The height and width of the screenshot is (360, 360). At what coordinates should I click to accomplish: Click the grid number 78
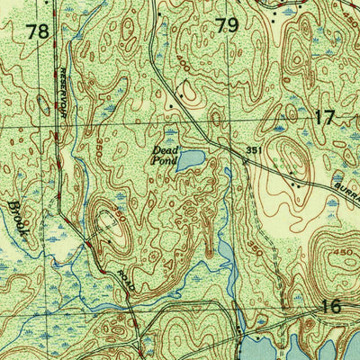(38, 32)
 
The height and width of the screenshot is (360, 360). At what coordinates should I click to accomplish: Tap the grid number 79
(227, 25)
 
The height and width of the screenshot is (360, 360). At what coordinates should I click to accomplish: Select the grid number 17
(325, 116)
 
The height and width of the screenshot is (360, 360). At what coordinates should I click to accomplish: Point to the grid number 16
(332, 307)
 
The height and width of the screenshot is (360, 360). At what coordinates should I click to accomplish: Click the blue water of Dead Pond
(192, 160)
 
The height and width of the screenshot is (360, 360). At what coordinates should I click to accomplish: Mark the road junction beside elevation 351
(245, 161)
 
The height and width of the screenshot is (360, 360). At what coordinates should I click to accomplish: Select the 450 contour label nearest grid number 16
(343, 255)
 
